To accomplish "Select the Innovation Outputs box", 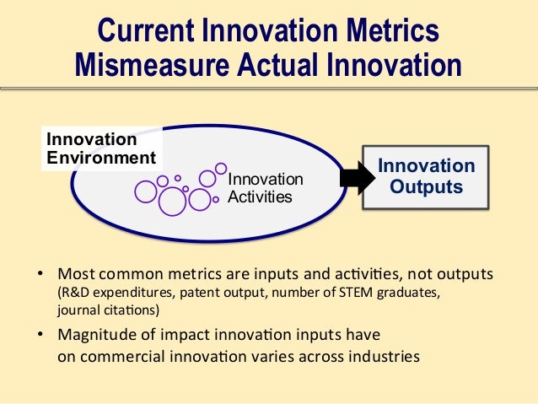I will tap(425, 176).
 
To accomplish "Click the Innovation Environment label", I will tap(100, 148).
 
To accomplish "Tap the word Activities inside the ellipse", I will tap(261, 197).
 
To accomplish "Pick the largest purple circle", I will tap(172, 201).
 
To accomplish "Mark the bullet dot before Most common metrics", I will tap(40, 276).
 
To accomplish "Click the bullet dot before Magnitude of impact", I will tap(40, 335).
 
